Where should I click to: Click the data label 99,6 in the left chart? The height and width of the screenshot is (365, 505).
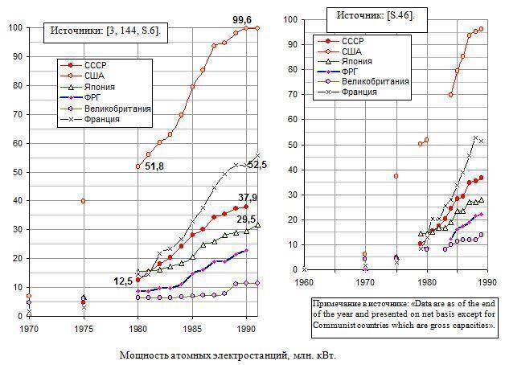pos(243,20)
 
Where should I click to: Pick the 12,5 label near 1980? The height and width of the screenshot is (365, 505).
pos(123,281)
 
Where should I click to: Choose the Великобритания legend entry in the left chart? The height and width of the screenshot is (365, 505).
pos(123,108)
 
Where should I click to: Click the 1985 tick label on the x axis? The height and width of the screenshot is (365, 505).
pos(193,330)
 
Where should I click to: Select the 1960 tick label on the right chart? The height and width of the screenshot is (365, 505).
pos(305,282)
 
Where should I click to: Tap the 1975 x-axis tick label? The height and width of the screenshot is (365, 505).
pos(84,330)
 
